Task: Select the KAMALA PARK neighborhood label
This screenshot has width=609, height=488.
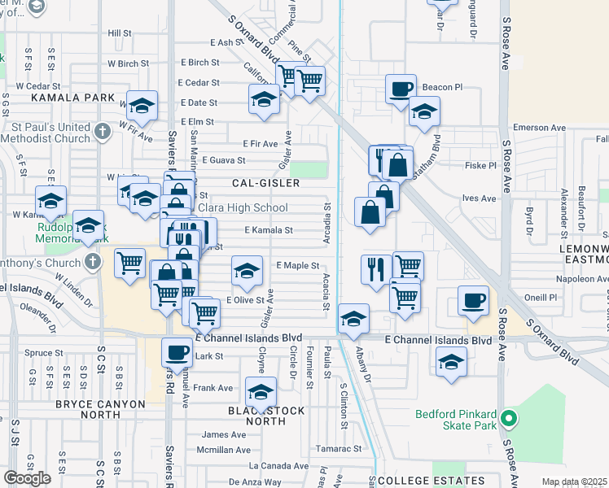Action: pyautogui.click(x=62, y=98)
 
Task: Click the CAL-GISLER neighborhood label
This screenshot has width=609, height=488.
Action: pyautogui.click(x=265, y=184)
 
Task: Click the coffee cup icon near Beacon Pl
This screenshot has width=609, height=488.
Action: pyautogui.click(x=401, y=89)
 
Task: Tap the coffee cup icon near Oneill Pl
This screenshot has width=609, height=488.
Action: pyautogui.click(x=473, y=300)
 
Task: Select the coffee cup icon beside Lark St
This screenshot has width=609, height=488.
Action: pyautogui.click(x=177, y=352)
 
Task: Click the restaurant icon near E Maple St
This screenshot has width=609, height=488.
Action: pyautogui.click(x=376, y=269)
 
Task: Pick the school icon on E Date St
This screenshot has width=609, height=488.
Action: pyautogui.click(x=264, y=100)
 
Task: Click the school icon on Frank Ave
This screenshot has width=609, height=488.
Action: pyautogui.click(x=260, y=394)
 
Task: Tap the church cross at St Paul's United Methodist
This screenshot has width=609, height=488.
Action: pyautogui.click(x=102, y=131)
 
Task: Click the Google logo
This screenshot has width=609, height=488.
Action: pyautogui.click(x=28, y=477)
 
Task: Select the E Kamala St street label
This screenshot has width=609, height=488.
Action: pyautogui.click(x=267, y=230)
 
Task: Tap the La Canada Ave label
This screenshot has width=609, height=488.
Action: pyautogui.click(x=278, y=466)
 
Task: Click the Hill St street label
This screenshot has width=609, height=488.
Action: pyautogui.click(x=119, y=33)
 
